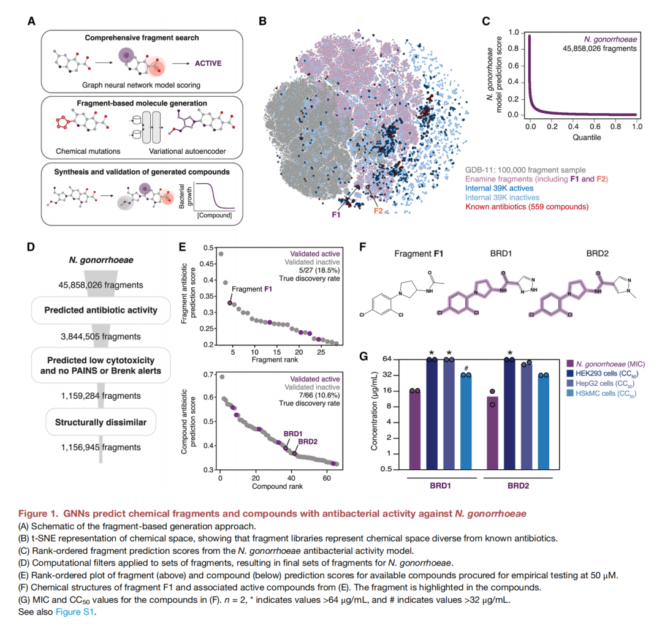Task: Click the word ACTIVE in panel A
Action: click(x=208, y=62)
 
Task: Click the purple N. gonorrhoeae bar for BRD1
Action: click(x=415, y=429)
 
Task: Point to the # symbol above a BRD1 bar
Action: click(x=466, y=368)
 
